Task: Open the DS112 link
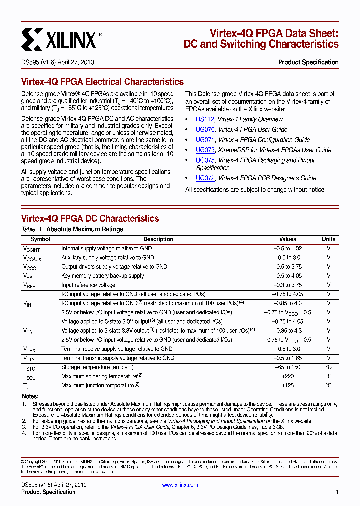205,119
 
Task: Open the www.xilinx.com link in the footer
180,485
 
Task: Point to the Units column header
328,239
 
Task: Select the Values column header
288,239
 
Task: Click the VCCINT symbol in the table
32,249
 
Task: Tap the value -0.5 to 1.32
288,248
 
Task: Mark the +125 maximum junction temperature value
288,385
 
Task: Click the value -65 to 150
288,367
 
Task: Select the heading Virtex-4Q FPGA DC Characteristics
90,219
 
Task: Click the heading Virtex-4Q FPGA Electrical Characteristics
102,82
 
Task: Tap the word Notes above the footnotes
30,396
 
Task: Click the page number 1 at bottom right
337,492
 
